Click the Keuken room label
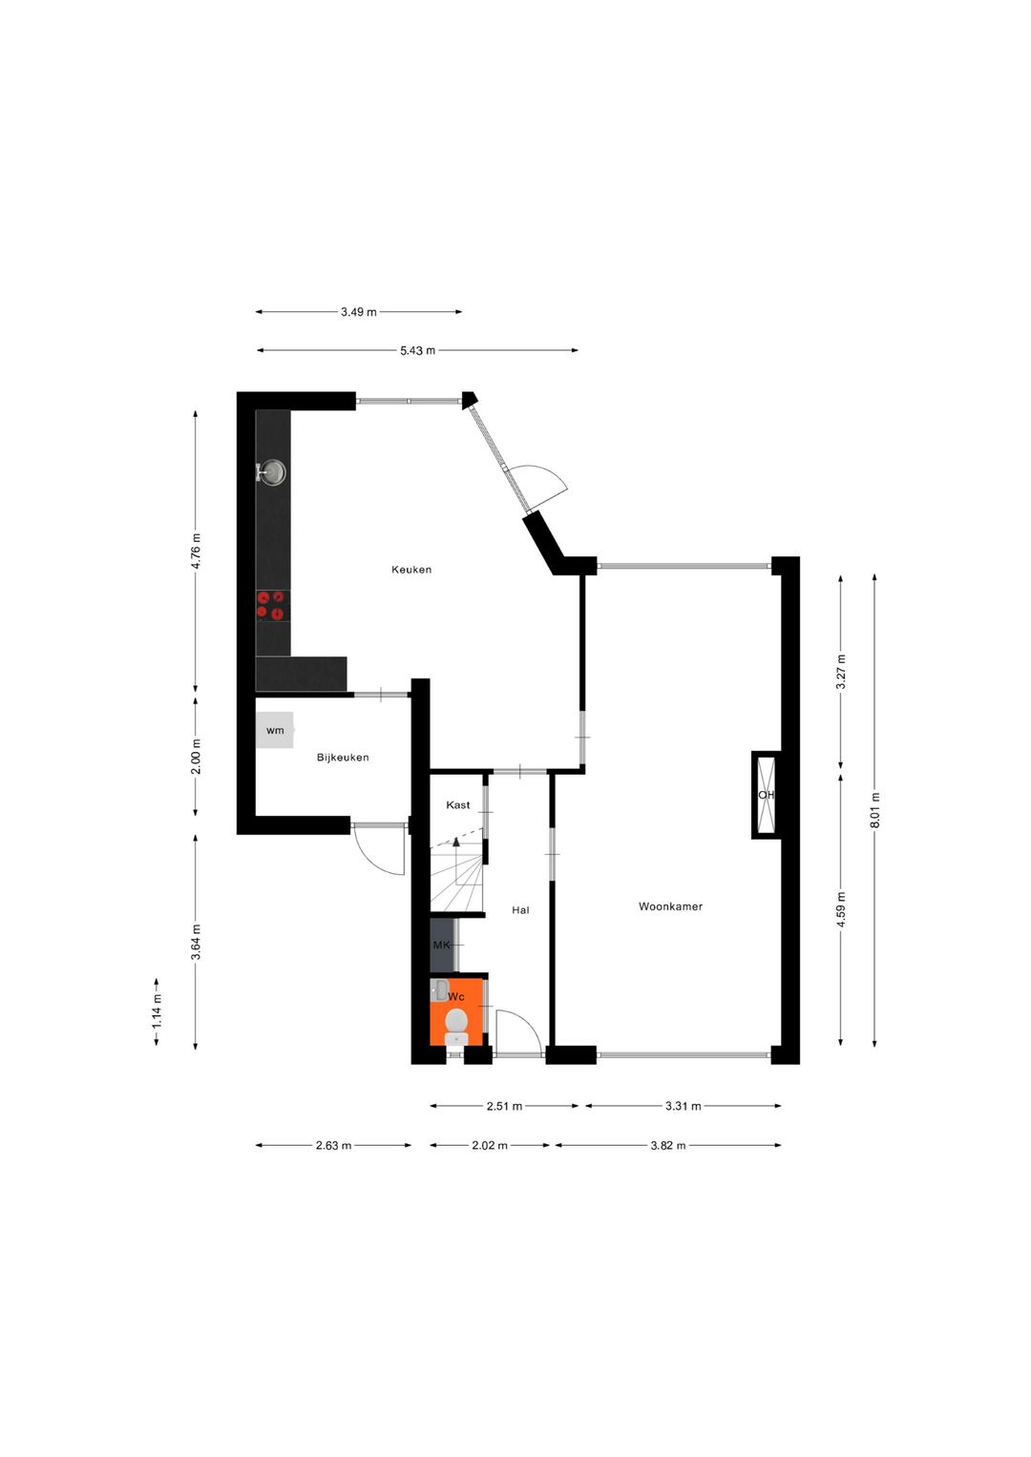(x=411, y=570)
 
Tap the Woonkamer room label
(x=670, y=906)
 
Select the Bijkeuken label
(x=343, y=758)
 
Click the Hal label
(x=520, y=910)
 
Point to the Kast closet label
(x=458, y=805)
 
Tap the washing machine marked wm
(x=275, y=731)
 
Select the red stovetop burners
(x=271, y=605)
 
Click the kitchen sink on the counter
(x=273, y=471)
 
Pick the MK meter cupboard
(x=442, y=945)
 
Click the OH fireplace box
(x=766, y=795)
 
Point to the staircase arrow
(x=456, y=842)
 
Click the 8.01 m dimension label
(x=875, y=810)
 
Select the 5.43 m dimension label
(x=417, y=351)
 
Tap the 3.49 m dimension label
(x=358, y=312)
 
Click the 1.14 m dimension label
(x=157, y=1011)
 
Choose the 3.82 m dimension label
(x=668, y=1146)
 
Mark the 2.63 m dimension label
(x=333, y=1146)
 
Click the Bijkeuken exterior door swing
(x=382, y=852)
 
